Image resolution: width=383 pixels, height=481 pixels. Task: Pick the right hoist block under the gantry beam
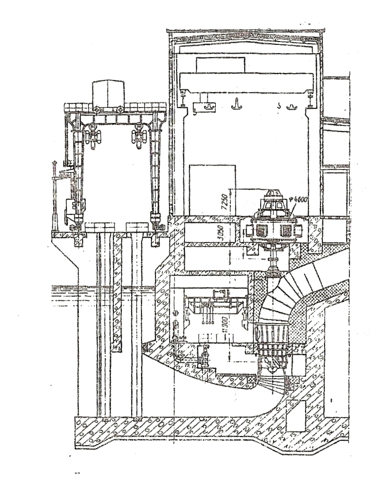(140, 136)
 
